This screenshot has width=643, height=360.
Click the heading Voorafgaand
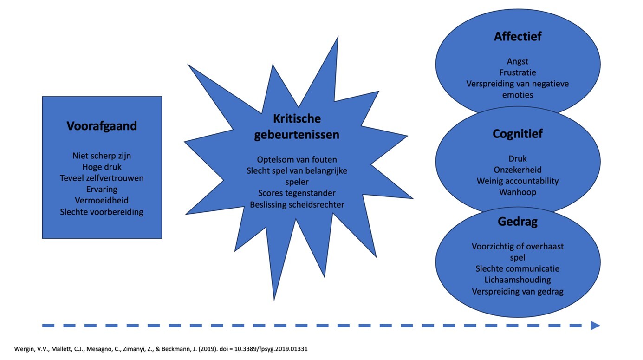[x=102, y=126]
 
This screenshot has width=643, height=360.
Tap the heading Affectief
[x=518, y=37]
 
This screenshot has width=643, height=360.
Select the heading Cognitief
[x=518, y=134]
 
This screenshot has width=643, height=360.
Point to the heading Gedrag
[x=518, y=222]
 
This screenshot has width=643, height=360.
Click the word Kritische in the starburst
[x=297, y=118]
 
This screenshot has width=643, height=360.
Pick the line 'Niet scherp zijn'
[x=102, y=156]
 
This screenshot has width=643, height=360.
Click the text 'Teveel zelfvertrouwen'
[x=102, y=178]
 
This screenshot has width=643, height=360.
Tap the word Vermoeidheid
[x=102, y=200]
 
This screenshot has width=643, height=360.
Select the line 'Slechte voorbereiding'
[x=102, y=212]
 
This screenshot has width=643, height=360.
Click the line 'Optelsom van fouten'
[x=297, y=160]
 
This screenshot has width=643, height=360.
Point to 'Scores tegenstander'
[x=297, y=193]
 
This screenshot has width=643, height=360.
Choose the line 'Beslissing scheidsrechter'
[x=297, y=204]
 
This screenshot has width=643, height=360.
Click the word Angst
[x=518, y=61]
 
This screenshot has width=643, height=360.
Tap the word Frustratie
[x=518, y=72]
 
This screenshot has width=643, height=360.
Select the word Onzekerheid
[x=518, y=170]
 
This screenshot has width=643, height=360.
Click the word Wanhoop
[x=518, y=192]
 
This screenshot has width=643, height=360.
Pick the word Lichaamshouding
[x=518, y=280]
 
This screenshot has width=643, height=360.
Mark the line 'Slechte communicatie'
[x=518, y=268]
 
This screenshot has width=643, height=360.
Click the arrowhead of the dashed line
[x=595, y=326]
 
